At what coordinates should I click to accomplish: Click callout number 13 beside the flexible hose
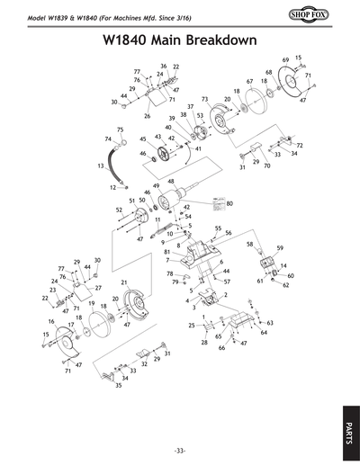pyautogui.click(x=101, y=166)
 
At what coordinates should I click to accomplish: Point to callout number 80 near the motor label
pyautogui.click(x=230, y=204)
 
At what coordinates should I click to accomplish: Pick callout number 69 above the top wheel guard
pyautogui.click(x=285, y=59)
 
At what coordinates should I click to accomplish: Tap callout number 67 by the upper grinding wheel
pyautogui.click(x=249, y=81)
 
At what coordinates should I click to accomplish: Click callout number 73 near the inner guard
pyautogui.click(x=205, y=99)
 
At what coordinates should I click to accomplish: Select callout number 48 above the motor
pyautogui.click(x=170, y=182)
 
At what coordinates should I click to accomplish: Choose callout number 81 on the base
pyautogui.click(x=167, y=252)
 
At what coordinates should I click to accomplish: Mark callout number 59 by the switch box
pyautogui.click(x=280, y=247)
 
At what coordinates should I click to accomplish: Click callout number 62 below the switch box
pyautogui.click(x=286, y=285)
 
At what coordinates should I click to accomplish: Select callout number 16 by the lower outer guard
pyautogui.click(x=51, y=322)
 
